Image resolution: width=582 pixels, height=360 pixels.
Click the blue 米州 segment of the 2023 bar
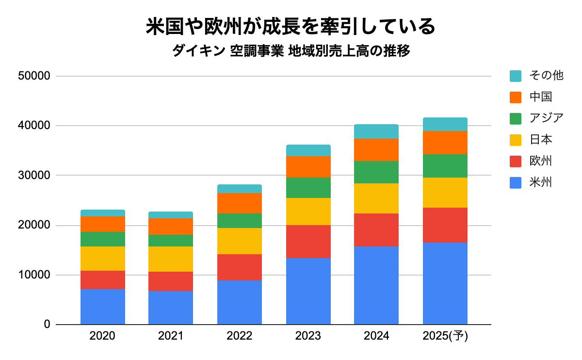(308, 291)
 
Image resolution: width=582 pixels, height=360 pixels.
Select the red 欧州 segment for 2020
(103, 280)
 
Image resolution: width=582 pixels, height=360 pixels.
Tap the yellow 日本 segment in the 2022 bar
(240, 241)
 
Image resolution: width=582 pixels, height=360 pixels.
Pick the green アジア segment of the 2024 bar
(376, 172)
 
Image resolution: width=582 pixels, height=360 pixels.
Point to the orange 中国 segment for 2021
(171, 227)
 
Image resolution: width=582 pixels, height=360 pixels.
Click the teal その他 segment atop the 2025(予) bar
(445, 124)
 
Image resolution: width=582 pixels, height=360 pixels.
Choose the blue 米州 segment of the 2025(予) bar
(445, 283)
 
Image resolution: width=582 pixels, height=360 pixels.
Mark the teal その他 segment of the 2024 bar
(376, 131)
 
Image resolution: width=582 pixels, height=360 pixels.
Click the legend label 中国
(541, 97)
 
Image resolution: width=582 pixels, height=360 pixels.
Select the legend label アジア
(547, 118)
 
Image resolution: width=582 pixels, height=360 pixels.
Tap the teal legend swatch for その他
(516, 76)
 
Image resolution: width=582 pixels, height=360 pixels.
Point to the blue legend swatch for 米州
(516, 183)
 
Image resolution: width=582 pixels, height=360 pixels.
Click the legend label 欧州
(541, 161)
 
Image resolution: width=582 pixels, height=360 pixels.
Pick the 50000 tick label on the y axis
(33, 76)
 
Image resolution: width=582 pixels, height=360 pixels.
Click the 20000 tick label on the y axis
(33, 226)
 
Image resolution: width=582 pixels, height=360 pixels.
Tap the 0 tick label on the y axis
(47, 324)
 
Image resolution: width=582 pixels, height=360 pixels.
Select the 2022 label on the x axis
(240, 336)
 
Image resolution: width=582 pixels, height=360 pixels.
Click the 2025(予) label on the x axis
(445, 336)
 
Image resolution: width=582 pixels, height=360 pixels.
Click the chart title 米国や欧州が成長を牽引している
(291, 27)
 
